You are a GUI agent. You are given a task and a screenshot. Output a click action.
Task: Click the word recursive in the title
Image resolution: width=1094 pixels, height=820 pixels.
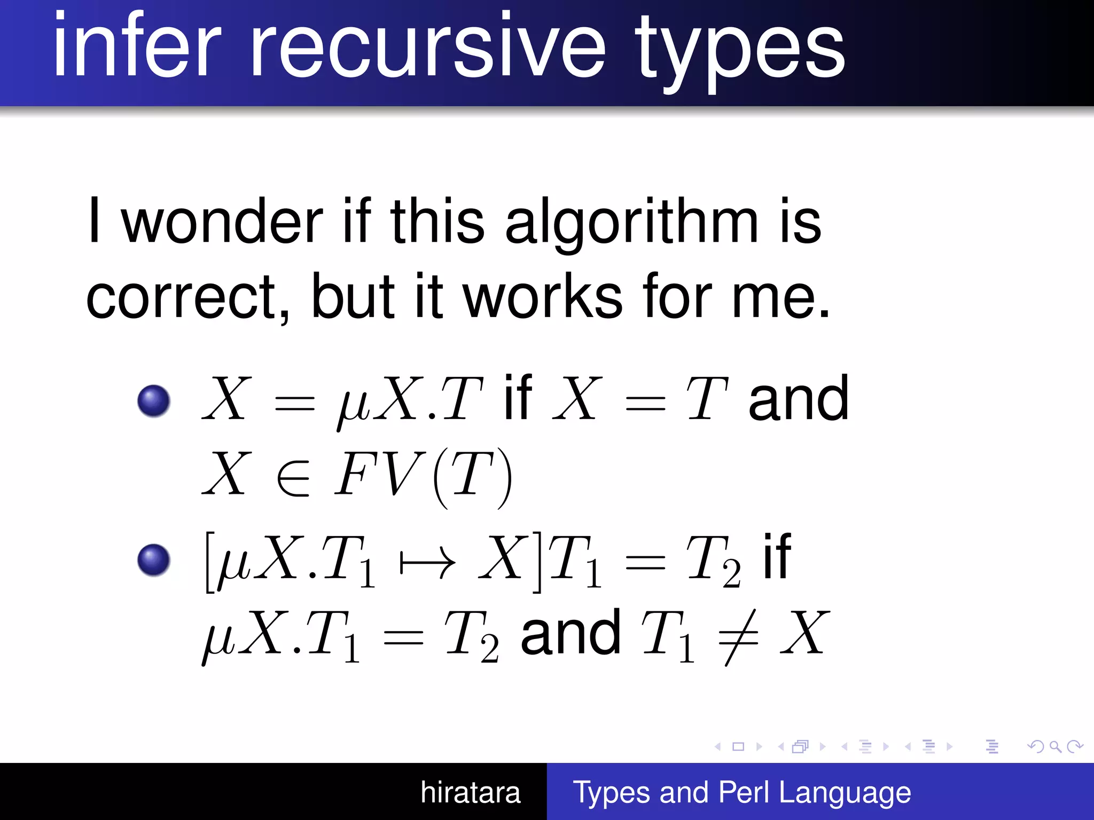coord(427,48)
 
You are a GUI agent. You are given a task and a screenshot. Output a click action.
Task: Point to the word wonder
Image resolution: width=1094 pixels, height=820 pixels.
coord(222,222)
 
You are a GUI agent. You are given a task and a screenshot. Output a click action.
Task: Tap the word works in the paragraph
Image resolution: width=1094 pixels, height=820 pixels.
coord(542,296)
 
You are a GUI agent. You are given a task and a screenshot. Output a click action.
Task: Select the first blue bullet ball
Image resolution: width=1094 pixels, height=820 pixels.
coord(154,400)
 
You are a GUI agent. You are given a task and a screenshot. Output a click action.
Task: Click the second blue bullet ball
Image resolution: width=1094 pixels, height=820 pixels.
coord(154,560)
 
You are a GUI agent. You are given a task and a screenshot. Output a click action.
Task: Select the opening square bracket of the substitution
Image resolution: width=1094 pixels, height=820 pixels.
coord(210,562)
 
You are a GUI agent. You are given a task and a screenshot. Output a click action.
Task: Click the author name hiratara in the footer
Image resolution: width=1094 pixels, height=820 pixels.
coord(470,792)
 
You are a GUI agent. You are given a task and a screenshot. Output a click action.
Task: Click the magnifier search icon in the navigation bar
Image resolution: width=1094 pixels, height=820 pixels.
coord(1055,746)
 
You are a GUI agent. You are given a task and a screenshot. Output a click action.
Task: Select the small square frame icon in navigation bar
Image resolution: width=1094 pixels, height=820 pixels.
coord(738,746)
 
